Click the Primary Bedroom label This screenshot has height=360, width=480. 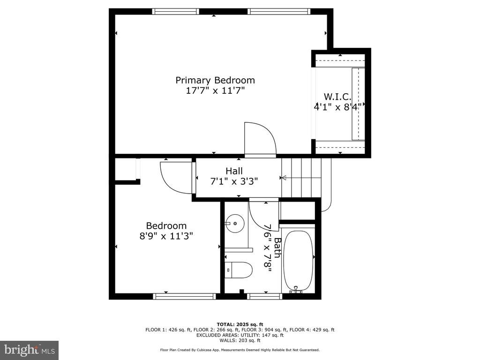coord(215,81)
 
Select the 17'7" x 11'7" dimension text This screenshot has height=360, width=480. coord(215,90)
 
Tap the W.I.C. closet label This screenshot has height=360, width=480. coord(337,97)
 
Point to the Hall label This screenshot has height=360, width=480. coord(234,171)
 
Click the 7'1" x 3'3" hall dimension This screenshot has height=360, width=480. coord(234,181)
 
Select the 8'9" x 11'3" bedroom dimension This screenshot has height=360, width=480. coord(166,236)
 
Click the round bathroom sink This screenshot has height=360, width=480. coord(235,224)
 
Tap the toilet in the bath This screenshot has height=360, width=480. coord(239,270)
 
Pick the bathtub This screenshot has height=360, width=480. coord(298,261)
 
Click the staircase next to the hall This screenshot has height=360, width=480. coord(301,178)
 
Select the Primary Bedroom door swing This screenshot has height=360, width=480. coord(260,140)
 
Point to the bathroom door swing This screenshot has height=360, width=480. coord(263,214)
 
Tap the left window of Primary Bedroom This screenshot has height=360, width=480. coord(176,12)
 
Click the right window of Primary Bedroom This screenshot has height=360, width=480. coord(279,12)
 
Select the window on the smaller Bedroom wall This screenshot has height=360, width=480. coord(184,296)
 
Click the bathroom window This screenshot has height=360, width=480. coord(264,296)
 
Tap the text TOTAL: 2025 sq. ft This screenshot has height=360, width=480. coord(240,324)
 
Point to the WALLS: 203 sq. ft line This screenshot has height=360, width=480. coord(240,340)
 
